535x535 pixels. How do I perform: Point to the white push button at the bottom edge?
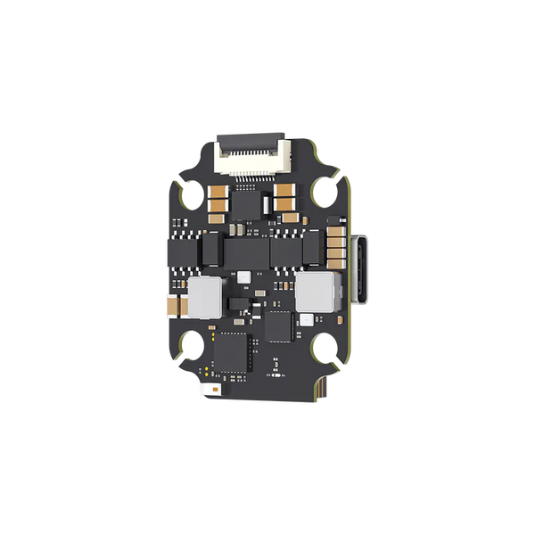[x=206, y=392]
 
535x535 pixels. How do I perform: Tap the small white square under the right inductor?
[x=307, y=319]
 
